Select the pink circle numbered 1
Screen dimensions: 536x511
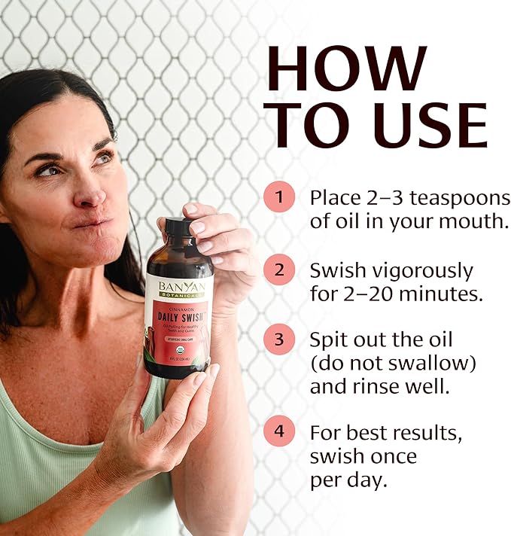pyautogui.click(x=279, y=198)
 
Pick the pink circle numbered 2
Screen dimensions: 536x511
pyautogui.click(x=279, y=270)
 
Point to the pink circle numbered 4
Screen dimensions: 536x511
pyautogui.click(x=279, y=433)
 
